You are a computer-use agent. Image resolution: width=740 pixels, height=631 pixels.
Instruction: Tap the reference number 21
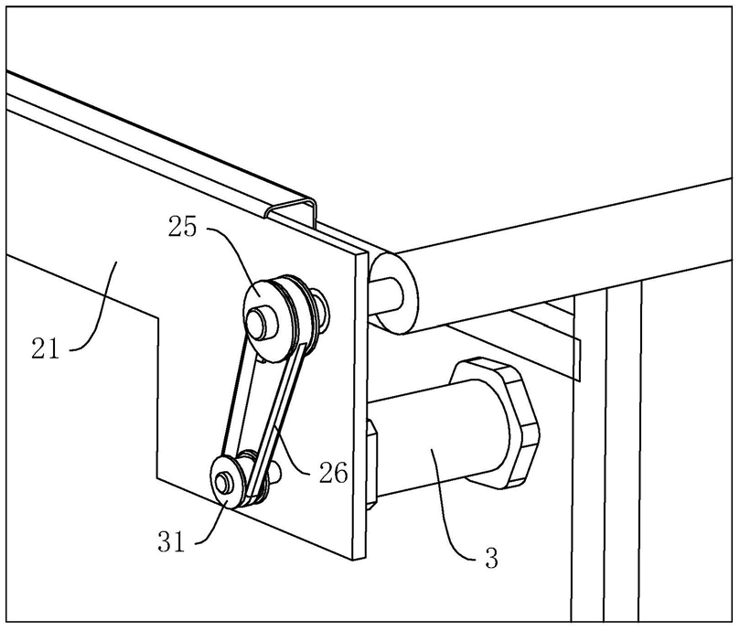[x=42, y=348]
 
